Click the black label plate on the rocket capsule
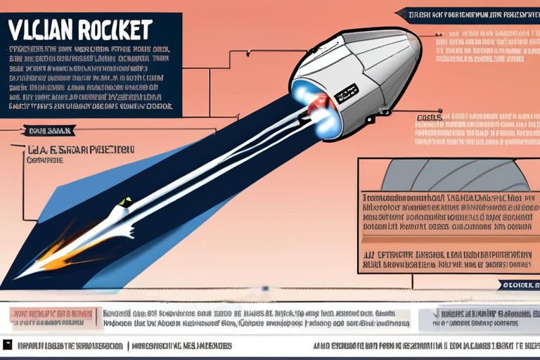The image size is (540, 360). click(346, 91)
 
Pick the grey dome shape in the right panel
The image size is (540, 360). click(450, 174)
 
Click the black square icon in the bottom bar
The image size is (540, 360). click(8, 345)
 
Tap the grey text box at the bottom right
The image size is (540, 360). click(478, 318)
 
